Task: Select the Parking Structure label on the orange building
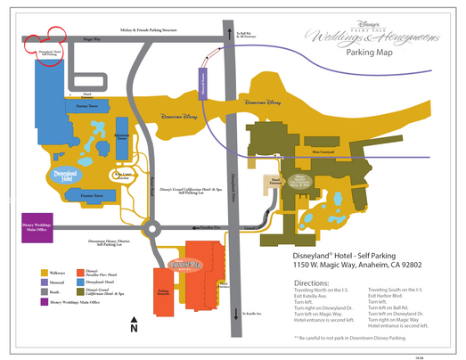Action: coord(164,290)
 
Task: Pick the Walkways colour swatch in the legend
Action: coord(45,271)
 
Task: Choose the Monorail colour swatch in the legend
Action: coord(45,282)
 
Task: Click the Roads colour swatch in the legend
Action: coord(45,291)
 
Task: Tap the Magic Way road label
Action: coord(92,40)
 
